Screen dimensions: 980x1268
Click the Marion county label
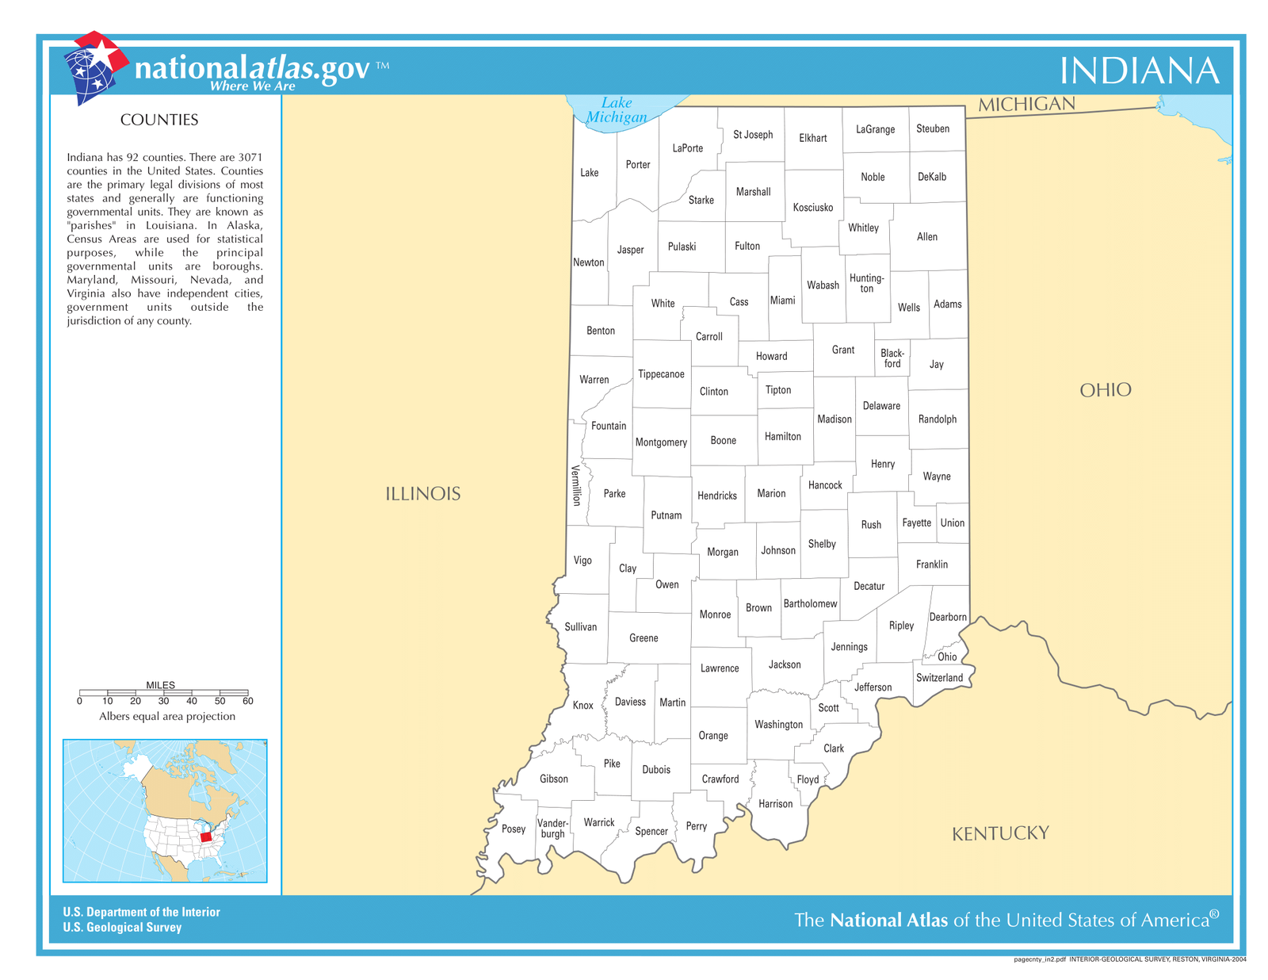click(771, 493)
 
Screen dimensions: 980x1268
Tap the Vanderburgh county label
click(552, 829)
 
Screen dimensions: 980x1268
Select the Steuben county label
click(932, 128)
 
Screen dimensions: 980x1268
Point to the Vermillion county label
click(576, 485)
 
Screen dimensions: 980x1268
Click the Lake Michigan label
click(617, 110)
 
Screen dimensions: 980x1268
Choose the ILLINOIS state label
click(422, 494)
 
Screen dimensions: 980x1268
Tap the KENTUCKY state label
click(1000, 833)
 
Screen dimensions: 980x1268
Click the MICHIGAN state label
click(1026, 105)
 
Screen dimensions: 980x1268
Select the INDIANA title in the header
click(1139, 71)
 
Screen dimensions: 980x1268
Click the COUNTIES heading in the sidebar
click(159, 120)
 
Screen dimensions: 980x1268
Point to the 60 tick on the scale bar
click(248, 701)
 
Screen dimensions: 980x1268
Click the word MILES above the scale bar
click(161, 685)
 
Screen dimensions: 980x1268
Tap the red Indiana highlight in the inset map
click(206, 836)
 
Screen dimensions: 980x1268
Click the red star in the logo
click(103, 53)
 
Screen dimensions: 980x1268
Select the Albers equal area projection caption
click(167, 717)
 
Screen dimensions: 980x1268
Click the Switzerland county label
click(939, 678)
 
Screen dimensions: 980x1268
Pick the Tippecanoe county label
click(661, 374)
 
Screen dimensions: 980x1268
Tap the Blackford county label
click(892, 358)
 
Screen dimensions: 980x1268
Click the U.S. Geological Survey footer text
click(122, 928)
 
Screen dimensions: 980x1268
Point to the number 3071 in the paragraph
click(250, 157)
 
